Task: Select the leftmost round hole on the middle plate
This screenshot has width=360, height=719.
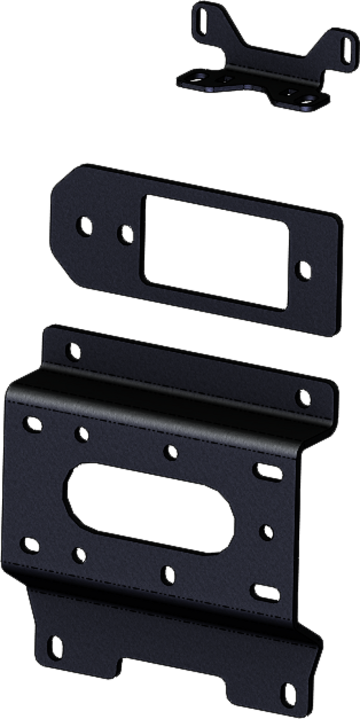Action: [x=85, y=226]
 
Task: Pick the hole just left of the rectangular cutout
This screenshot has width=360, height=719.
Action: [x=125, y=232]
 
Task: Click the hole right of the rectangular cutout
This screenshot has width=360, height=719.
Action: [x=304, y=269]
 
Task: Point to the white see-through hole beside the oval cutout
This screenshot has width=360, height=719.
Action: [x=268, y=531]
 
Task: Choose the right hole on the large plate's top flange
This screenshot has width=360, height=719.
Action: [x=304, y=398]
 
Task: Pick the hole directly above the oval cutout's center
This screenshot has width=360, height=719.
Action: [x=171, y=451]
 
